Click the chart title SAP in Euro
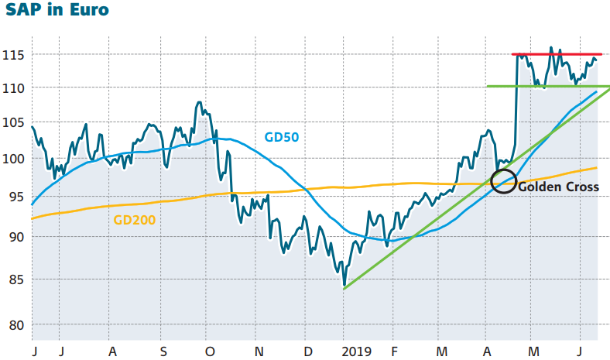[57, 9]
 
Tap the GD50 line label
[282, 137]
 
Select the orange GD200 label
[135, 220]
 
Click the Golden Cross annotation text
[558, 187]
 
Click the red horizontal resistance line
[557, 54]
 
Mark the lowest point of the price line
[344, 286]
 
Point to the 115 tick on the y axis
[13, 55]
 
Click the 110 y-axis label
[13, 88]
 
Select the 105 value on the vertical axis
[13, 122]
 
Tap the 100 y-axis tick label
[13, 159]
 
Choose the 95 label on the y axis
[16, 197]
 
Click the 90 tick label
[16, 237]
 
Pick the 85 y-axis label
[16, 279]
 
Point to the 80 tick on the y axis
[16, 324]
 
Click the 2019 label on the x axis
[356, 351]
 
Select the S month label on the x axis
[163, 351]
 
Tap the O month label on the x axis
[210, 351]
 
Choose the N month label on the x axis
[259, 351]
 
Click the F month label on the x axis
[394, 351]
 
